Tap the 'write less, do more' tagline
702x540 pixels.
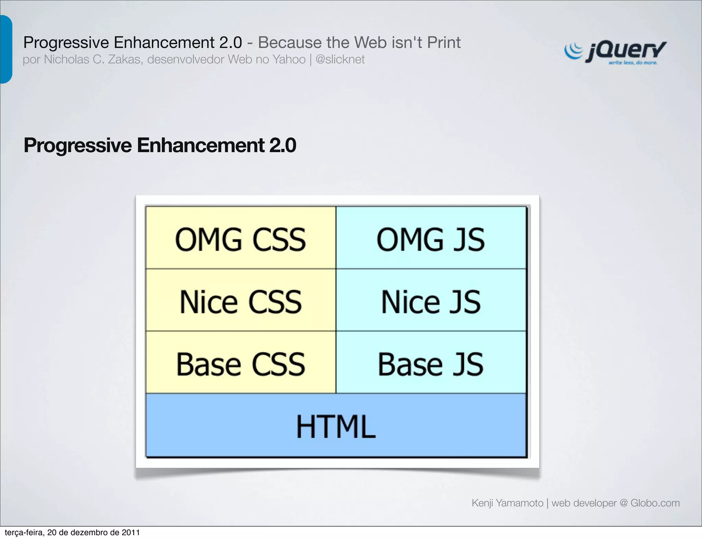coord(633,63)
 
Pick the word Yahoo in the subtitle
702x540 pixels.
coord(289,60)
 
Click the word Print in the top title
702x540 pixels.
coord(444,42)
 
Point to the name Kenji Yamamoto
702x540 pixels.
coord(507,503)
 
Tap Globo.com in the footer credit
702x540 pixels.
coord(655,503)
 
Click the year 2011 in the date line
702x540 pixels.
coord(131,532)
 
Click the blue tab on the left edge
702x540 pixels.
coord(6,49)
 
